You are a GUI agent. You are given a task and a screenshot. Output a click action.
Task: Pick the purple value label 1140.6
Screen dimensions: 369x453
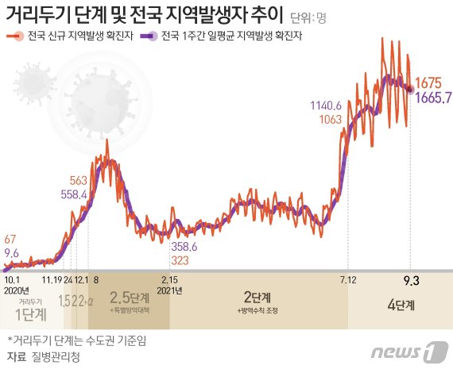click(x=327, y=106)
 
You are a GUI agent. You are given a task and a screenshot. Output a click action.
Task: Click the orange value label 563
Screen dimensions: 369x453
click(x=78, y=180)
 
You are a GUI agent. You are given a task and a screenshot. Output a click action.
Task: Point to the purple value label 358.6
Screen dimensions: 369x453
click(x=186, y=248)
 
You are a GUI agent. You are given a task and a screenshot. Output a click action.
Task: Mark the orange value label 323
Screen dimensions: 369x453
click(x=180, y=260)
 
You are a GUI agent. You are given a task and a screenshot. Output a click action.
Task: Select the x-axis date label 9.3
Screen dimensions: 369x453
click(x=410, y=280)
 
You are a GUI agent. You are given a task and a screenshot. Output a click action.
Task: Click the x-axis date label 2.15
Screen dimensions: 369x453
click(x=169, y=280)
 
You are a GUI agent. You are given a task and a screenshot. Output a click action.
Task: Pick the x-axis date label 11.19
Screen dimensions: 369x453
click(x=52, y=280)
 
